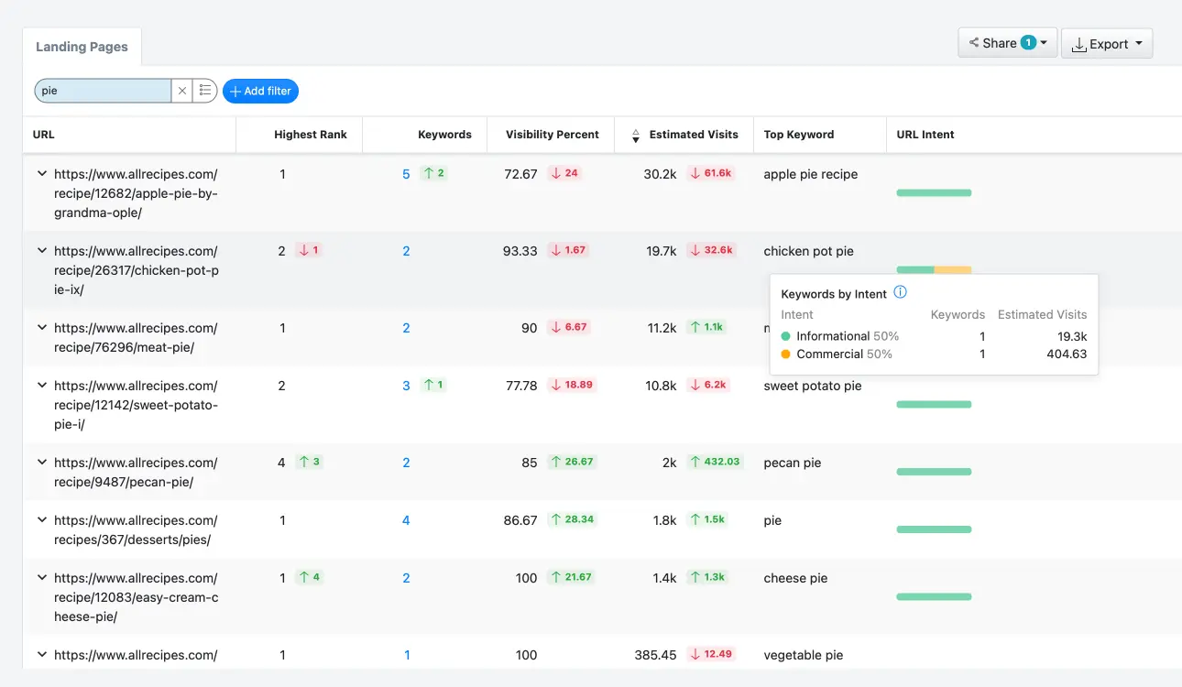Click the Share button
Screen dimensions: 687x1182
(1007, 43)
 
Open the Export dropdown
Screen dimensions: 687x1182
(1106, 44)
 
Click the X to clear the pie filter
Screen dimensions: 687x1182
(182, 91)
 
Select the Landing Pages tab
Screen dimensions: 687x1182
(82, 47)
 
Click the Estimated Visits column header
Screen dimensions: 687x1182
(693, 135)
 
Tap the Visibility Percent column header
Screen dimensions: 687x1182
(552, 135)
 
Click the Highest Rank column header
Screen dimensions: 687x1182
(310, 135)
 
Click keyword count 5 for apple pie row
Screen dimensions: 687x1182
(406, 174)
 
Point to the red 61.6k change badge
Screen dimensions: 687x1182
(711, 174)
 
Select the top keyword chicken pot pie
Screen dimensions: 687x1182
(808, 251)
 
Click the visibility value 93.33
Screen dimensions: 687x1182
(520, 251)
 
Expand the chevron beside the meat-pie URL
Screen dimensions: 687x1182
(41, 327)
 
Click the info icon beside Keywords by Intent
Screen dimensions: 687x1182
(900, 293)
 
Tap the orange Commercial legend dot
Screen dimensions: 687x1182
(786, 354)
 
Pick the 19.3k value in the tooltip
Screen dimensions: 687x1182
(1071, 336)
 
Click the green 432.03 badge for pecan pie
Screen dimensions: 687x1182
(715, 463)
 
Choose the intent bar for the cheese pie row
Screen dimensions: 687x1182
(933, 597)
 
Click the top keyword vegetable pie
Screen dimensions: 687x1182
(803, 655)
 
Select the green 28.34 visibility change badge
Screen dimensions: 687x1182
(573, 520)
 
